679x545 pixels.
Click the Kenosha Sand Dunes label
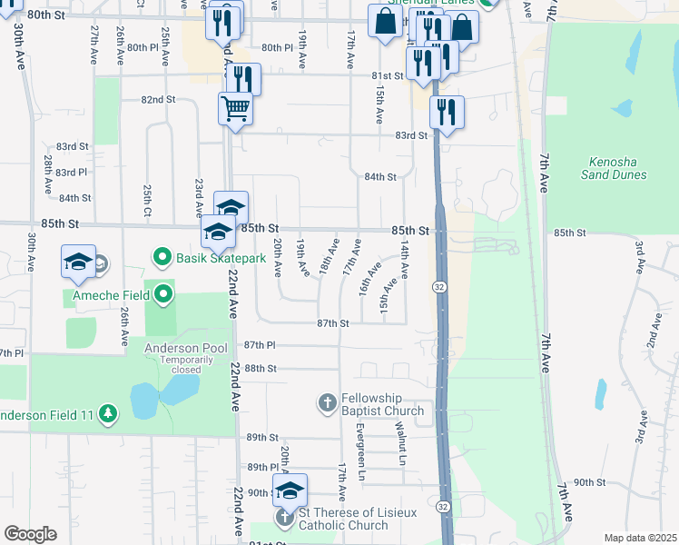pos(612,168)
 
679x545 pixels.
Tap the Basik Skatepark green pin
pos(162,258)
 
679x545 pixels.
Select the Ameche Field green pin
pos(163,293)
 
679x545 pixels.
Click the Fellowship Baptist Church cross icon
pos(328,401)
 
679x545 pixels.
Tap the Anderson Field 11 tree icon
pos(108,414)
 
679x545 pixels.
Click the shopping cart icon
pos(235,109)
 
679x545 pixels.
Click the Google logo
pos(30,533)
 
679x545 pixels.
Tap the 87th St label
pos(333,323)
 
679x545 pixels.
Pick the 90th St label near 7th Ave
pos(589,482)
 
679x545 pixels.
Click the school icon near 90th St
pos(290,490)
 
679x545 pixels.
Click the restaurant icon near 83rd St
pos(447,112)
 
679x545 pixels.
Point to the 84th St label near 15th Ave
pos(380,177)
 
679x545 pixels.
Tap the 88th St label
pos(260,368)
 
